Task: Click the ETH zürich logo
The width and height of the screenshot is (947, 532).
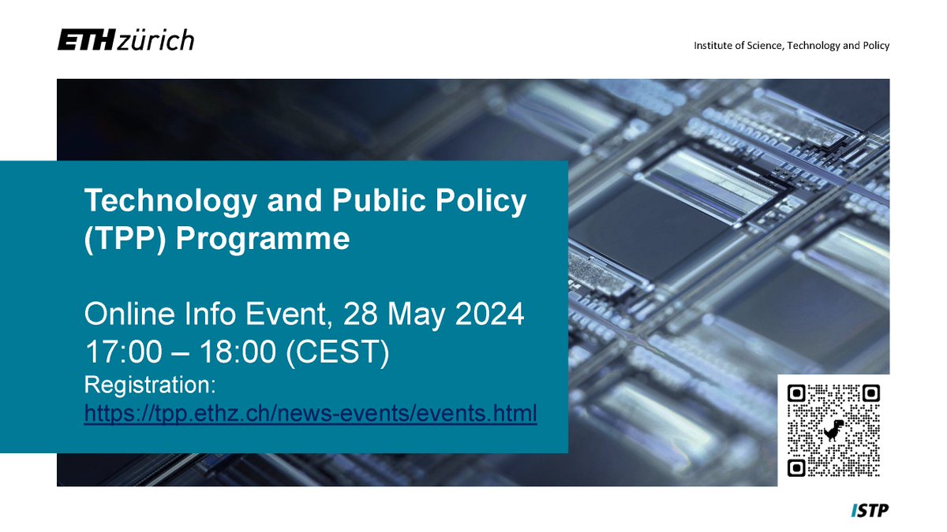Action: [x=125, y=40]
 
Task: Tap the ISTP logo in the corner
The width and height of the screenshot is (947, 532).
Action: [x=870, y=512]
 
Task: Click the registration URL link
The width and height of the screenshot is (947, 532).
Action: [x=310, y=412]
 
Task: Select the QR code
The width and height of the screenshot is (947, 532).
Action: [x=833, y=430]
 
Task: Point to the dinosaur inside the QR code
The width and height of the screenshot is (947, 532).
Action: [x=833, y=430]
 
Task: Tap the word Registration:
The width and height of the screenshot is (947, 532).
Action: [x=150, y=386]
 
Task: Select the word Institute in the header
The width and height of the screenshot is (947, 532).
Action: [x=713, y=45]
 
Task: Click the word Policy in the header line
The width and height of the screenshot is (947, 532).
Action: [x=873, y=45]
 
